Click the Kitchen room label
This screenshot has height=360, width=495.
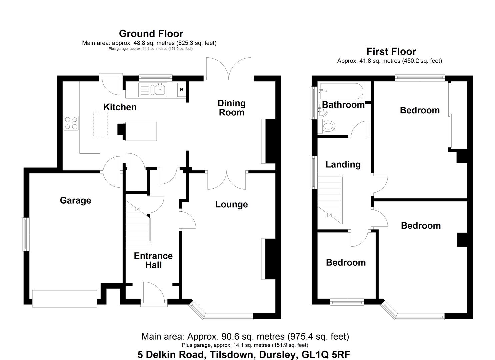(x=120, y=107)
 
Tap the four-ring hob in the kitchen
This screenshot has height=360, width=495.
(x=71, y=123)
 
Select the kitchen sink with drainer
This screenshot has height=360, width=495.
(x=153, y=89)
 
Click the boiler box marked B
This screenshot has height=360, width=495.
(x=182, y=90)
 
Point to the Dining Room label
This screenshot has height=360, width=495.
(x=231, y=108)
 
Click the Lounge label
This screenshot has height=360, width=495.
(x=231, y=204)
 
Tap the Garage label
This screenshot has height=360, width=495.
(x=75, y=200)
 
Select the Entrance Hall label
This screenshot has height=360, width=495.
(x=153, y=260)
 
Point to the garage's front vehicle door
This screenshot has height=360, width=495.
(x=65, y=298)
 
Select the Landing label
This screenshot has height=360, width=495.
(x=343, y=164)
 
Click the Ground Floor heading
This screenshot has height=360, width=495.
(x=151, y=34)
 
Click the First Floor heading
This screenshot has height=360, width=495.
(x=391, y=52)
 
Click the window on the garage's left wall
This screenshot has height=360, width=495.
(x=25, y=234)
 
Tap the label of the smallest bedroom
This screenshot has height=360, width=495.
(x=346, y=262)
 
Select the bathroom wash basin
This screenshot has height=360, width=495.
(x=322, y=110)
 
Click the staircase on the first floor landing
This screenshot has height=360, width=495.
(x=330, y=200)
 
